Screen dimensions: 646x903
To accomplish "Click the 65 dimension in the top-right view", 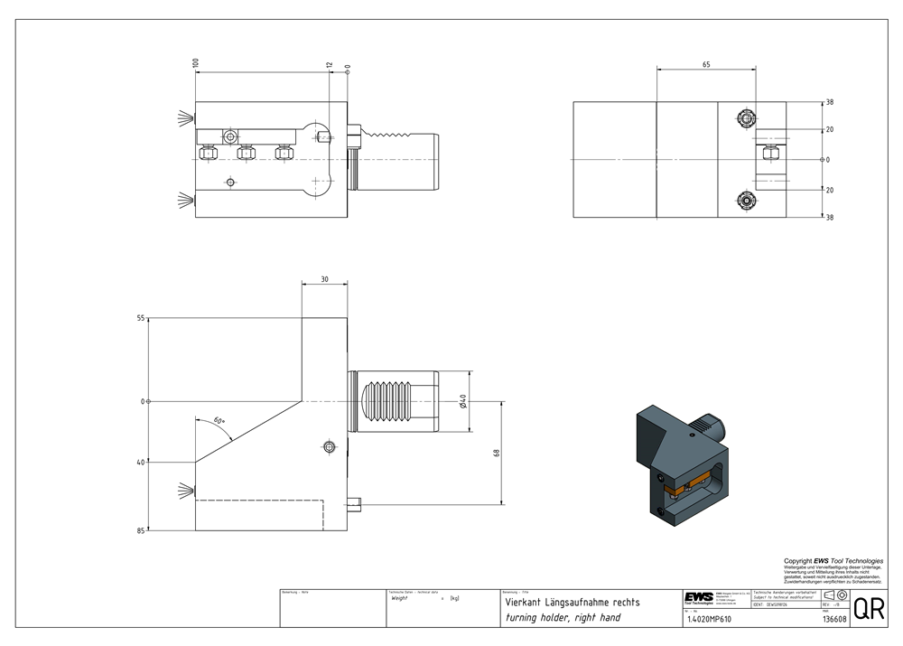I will (x=706, y=64).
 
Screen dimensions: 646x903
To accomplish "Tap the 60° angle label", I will (x=219, y=421).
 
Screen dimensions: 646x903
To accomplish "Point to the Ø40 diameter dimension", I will (x=463, y=400).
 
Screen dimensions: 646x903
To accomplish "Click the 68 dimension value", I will (x=497, y=452).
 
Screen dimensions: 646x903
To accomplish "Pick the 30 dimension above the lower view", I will (x=325, y=279).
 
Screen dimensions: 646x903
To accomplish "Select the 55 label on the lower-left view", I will (x=140, y=319).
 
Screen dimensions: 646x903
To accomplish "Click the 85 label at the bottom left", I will (x=140, y=531).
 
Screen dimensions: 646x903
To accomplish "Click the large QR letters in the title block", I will (x=869, y=609).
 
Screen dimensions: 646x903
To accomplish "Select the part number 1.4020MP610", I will (x=711, y=619).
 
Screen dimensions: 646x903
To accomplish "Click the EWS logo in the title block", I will (x=698, y=597).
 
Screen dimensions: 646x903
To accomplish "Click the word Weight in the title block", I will (x=400, y=598).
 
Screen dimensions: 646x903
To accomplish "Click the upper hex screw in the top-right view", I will (x=746, y=118).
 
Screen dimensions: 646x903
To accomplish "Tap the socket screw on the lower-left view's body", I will (x=330, y=446).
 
